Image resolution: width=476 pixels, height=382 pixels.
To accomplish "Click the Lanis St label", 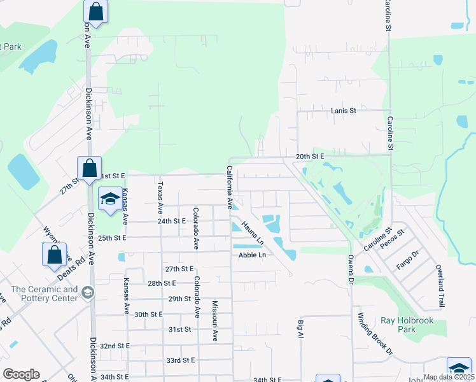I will (x=344, y=111).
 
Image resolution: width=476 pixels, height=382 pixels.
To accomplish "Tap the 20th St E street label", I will (x=310, y=156).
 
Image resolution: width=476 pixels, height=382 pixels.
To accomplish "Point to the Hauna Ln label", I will (x=253, y=234).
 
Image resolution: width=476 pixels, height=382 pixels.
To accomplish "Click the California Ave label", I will (x=229, y=188).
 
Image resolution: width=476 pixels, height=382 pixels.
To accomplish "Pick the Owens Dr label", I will (x=350, y=269).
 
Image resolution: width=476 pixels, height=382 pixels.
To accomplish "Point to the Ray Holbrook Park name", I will (x=407, y=325).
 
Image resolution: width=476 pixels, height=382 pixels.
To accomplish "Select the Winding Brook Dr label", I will (x=375, y=334).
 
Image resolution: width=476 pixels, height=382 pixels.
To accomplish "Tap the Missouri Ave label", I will (x=215, y=321).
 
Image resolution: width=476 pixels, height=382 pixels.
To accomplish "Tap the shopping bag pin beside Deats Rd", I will (x=55, y=254).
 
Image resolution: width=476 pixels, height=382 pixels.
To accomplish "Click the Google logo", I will (x=21, y=374).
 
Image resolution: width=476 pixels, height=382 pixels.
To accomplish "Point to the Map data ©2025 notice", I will (x=449, y=378).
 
